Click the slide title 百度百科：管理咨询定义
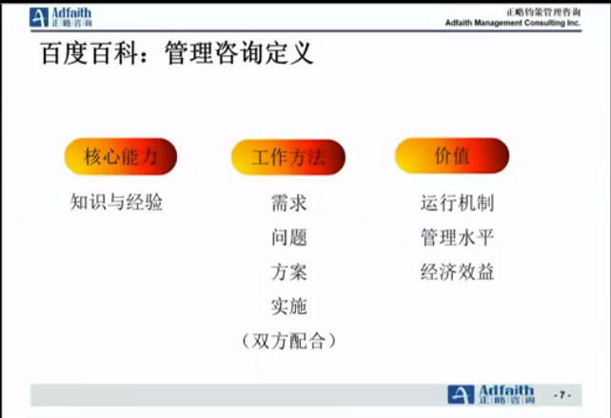point(176,53)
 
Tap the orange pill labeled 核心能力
point(121,156)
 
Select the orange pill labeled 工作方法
point(288,157)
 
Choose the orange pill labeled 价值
point(452,155)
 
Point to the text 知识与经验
point(116,202)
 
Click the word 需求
point(289,203)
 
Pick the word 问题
point(289,237)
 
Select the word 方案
point(289,271)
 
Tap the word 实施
point(289,306)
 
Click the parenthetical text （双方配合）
point(288,341)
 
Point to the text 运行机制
point(457,203)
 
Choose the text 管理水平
point(457,237)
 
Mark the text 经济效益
point(457,271)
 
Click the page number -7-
point(562,395)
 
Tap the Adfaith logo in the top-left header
point(61,17)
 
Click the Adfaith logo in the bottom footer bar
point(491,394)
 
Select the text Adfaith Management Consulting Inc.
point(513,23)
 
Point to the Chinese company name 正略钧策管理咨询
point(544,12)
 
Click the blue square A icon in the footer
point(461,394)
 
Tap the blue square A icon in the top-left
point(39,17)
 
